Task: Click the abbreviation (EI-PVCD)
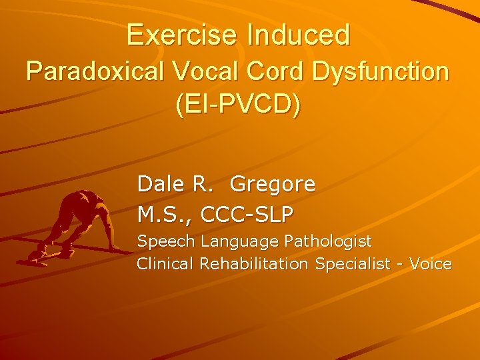point(238,107)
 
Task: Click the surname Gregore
point(273,185)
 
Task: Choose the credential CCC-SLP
point(247,215)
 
